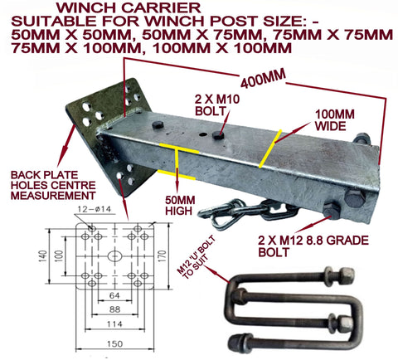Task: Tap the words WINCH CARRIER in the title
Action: pyautogui.click(x=129, y=7)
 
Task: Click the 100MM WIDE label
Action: pyautogui.click(x=335, y=120)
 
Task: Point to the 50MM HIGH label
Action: pyautogui.click(x=180, y=206)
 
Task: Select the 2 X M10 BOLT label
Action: pyautogui.click(x=217, y=105)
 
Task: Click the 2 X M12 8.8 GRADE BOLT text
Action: pyautogui.click(x=313, y=246)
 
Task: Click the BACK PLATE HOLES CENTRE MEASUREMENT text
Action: pyautogui.click(x=53, y=185)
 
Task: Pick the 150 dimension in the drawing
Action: pyautogui.click(x=114, y=343)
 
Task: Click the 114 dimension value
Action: pyautogui.click(x=114, y=324)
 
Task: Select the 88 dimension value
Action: pyautogui.click(x=114, y=309)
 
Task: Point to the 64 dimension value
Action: pyautogui.click(x=114, y=295)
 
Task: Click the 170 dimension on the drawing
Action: pyautogui.click(x=163, y=255)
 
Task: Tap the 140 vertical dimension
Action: pyautogui.click(x=42, y=256)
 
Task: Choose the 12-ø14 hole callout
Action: pyautogui.click(x=94, y=209)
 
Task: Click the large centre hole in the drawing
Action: pyautogui.click(x=114, y=255)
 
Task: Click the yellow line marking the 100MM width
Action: pyautogui.click(x=270, y=148)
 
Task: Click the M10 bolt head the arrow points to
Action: pyautogui.click(x=218, y=135)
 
